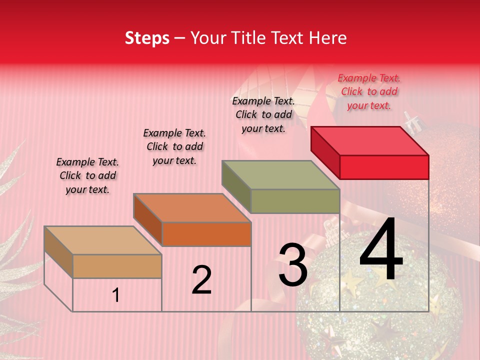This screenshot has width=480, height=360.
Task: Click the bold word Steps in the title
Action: [x=147, y=38]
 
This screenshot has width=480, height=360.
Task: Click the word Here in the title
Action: [x=327, y=38]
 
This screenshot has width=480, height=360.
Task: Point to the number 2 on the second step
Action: [x=201, y=280]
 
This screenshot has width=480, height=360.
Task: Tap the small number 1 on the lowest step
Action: [x=116, y=295]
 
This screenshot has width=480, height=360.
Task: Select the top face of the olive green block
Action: [x=281, y=174]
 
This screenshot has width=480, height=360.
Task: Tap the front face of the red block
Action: [x=384, y=167]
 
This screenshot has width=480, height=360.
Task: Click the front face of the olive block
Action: [x=295, y=201]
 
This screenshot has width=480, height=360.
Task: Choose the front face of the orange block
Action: [x=206, y=234]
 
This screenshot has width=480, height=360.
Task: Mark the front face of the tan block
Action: [x=117, y=266]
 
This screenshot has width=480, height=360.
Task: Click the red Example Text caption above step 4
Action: [x=369, y=91]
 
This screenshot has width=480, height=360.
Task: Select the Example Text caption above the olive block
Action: [x=263, y=114]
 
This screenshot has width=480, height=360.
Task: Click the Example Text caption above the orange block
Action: [x=174, y=146]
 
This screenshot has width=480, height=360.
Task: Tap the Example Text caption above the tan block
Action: [x=87, y=175]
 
